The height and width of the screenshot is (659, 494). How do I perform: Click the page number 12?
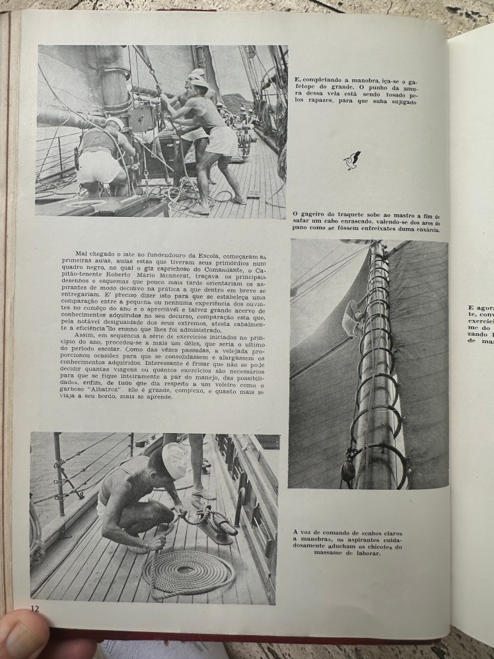tap(35, 607)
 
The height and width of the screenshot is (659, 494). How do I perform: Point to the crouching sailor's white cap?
tap(174, 460)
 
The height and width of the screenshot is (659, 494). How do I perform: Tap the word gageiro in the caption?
tap(313, 215)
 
